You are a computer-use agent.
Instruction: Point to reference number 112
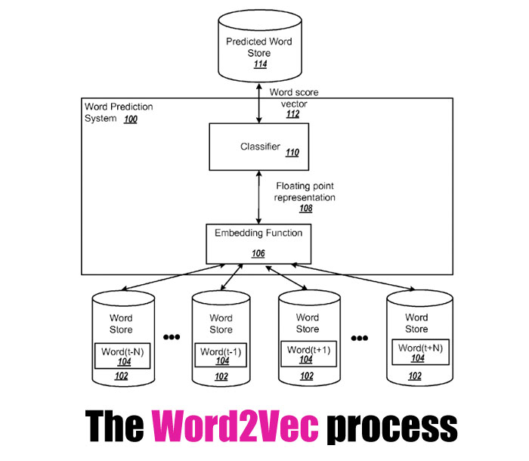293,114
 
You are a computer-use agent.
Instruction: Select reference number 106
258,254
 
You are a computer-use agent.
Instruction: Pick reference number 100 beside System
131,119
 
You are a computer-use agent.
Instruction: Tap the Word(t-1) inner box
221,354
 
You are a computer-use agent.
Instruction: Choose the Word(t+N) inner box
416,352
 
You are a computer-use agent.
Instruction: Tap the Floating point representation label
306,190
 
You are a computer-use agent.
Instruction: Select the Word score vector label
294,97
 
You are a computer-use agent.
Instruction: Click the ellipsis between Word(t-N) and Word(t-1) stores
172,337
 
